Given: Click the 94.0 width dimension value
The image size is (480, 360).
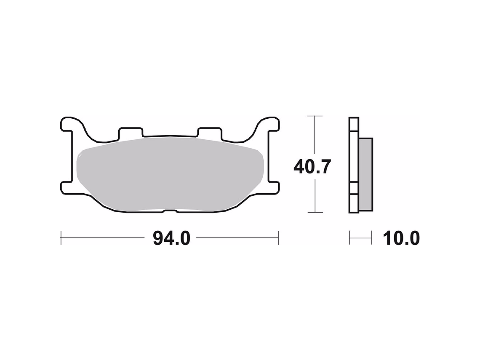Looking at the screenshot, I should tap(171, 239).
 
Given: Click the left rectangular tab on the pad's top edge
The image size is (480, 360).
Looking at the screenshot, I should tap(131, 132).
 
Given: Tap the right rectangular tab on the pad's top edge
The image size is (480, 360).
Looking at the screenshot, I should tap(210, 132).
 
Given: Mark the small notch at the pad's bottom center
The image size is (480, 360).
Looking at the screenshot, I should tap(170, 211).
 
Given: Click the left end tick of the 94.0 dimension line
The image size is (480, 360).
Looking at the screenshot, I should tap(61, 238).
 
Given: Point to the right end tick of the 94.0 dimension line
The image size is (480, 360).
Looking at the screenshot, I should tap(278, 238).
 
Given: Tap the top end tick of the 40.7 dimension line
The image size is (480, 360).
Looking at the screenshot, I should tap(315, 116).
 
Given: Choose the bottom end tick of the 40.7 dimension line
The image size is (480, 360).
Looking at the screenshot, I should tap(315, 213).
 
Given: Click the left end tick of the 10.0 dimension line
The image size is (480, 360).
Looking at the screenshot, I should tap(349, 238).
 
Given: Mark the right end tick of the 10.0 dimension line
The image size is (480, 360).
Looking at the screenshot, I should tap(372, 238).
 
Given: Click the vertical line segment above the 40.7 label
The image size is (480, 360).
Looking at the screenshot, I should tap(315, 135).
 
